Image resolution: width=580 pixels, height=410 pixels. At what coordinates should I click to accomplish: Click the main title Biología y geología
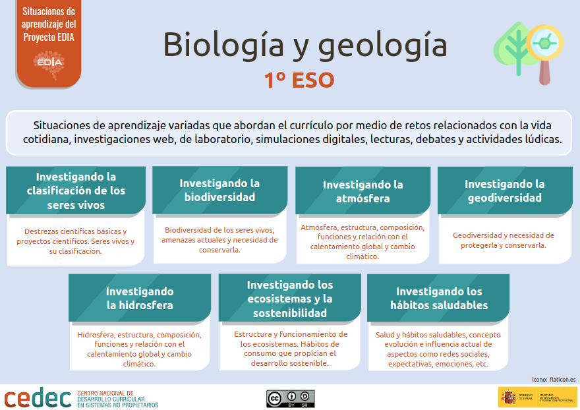coord(304,45)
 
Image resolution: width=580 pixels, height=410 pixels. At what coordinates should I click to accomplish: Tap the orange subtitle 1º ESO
coord(299,80)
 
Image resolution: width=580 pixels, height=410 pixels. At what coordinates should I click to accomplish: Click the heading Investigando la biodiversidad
coord(219,190)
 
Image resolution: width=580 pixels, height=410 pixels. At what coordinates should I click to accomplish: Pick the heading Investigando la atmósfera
coord(362,191)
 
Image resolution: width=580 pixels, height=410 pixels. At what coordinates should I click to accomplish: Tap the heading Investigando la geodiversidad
coord(505,190)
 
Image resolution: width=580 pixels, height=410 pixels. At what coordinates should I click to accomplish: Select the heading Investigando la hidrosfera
coord(140,298)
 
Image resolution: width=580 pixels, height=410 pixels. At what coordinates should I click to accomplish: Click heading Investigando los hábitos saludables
coord(439,298)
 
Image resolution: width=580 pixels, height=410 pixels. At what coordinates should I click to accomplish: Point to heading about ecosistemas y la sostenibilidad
coord(290,299)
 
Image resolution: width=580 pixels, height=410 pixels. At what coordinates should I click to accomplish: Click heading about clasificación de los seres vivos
coord(76,190)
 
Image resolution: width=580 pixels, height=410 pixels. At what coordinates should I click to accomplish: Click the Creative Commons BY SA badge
coord(290,398)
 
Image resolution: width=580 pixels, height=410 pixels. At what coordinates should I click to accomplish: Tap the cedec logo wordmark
coord(38,398)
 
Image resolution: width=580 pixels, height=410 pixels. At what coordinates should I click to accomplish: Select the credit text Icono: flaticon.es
coord(553,379)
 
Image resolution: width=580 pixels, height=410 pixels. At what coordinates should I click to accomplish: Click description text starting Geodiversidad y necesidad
coord(504,240)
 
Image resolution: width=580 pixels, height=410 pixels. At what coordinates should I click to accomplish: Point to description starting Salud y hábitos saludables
coord(438,349)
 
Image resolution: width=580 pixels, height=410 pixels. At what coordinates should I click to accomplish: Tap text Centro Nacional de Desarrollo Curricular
coord(118,398)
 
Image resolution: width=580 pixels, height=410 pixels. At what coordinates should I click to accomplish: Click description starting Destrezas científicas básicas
coord(75,241)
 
